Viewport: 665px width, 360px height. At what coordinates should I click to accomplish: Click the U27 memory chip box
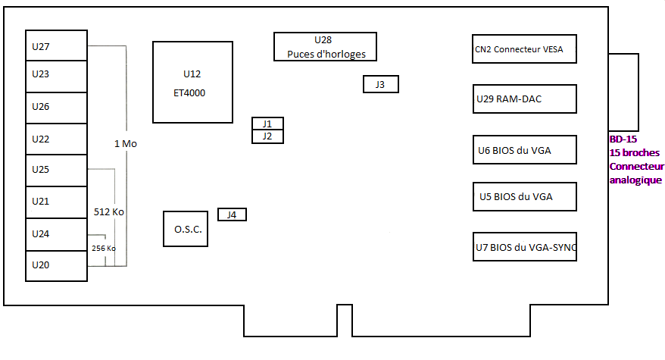(57, 46)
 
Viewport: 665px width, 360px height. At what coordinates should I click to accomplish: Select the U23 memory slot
(57, 74)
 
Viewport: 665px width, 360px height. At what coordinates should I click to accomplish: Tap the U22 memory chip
(57, 139)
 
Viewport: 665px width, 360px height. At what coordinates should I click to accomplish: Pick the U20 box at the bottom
(57, 265)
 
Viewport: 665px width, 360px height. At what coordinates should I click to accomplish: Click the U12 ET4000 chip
(192, 83)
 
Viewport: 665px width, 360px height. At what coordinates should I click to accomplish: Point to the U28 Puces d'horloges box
(325, 46)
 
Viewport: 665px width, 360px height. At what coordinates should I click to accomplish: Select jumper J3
(380, 84)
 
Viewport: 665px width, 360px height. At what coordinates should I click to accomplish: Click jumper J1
(267, 124)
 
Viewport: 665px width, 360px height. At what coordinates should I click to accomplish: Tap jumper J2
(267, 136)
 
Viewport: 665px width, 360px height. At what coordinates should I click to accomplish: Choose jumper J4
(232, 214)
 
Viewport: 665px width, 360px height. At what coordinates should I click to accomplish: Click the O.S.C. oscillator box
(186, 229)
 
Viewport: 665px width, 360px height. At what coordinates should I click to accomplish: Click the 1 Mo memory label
(125, 143)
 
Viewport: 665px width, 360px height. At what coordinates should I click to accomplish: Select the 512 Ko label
(108, 212)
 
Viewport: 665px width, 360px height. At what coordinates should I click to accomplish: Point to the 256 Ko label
(104, 248)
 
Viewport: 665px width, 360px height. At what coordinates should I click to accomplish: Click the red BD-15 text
(623, 139)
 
